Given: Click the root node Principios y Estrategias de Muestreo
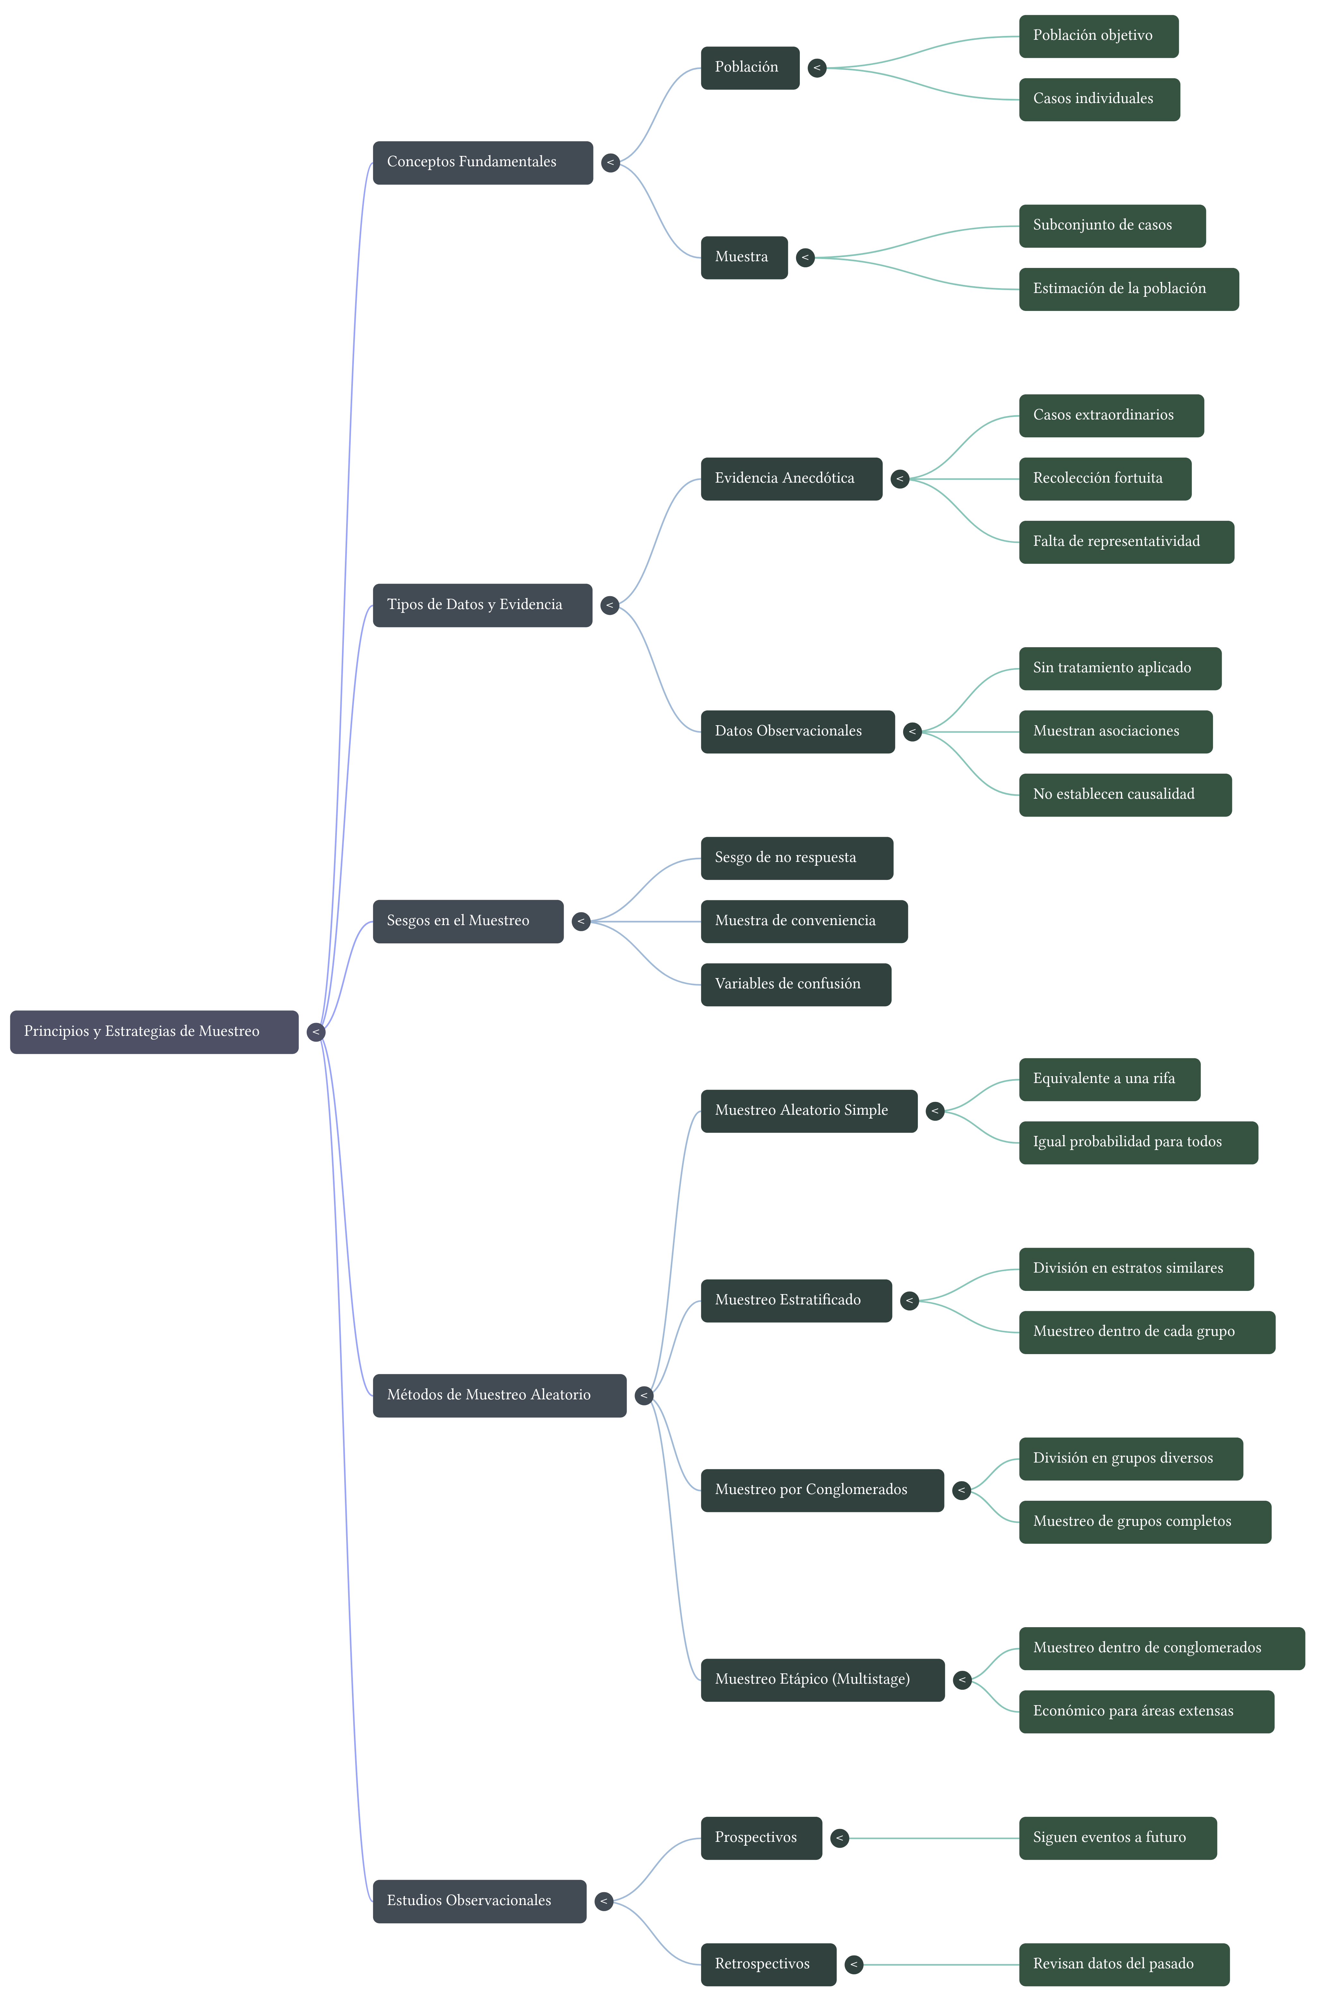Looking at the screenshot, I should (154, 1031).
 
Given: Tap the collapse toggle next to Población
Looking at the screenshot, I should (816, 68).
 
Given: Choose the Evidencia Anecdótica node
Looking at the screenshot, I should (791, 478).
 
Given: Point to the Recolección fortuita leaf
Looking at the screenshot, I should (1104, 478).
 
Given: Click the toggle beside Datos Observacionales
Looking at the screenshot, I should (912, 732).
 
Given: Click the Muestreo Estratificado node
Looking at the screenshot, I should (796, 1300).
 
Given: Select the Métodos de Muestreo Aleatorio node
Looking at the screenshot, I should (499, 1395).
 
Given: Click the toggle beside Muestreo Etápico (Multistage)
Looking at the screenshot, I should (962, 1680).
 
